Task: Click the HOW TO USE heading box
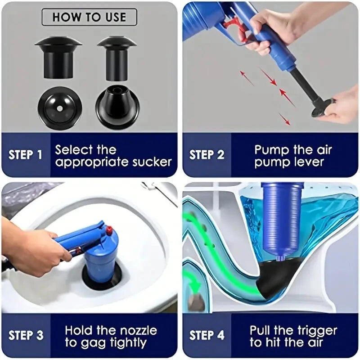pyautogui.click(x=89, y=17)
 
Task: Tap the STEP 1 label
pyautogui.click(x=26, y=155)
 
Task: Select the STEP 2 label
pyautogui.click(x=207, y=155)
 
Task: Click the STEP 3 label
pyautogui.click(x=26, y=335)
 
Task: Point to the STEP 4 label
pyautogui.click(x=207, y=335)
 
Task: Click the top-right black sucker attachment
pyautogui.click(x=117, y=54)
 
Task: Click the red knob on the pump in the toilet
pyautogui.click(x=108, y=231)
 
